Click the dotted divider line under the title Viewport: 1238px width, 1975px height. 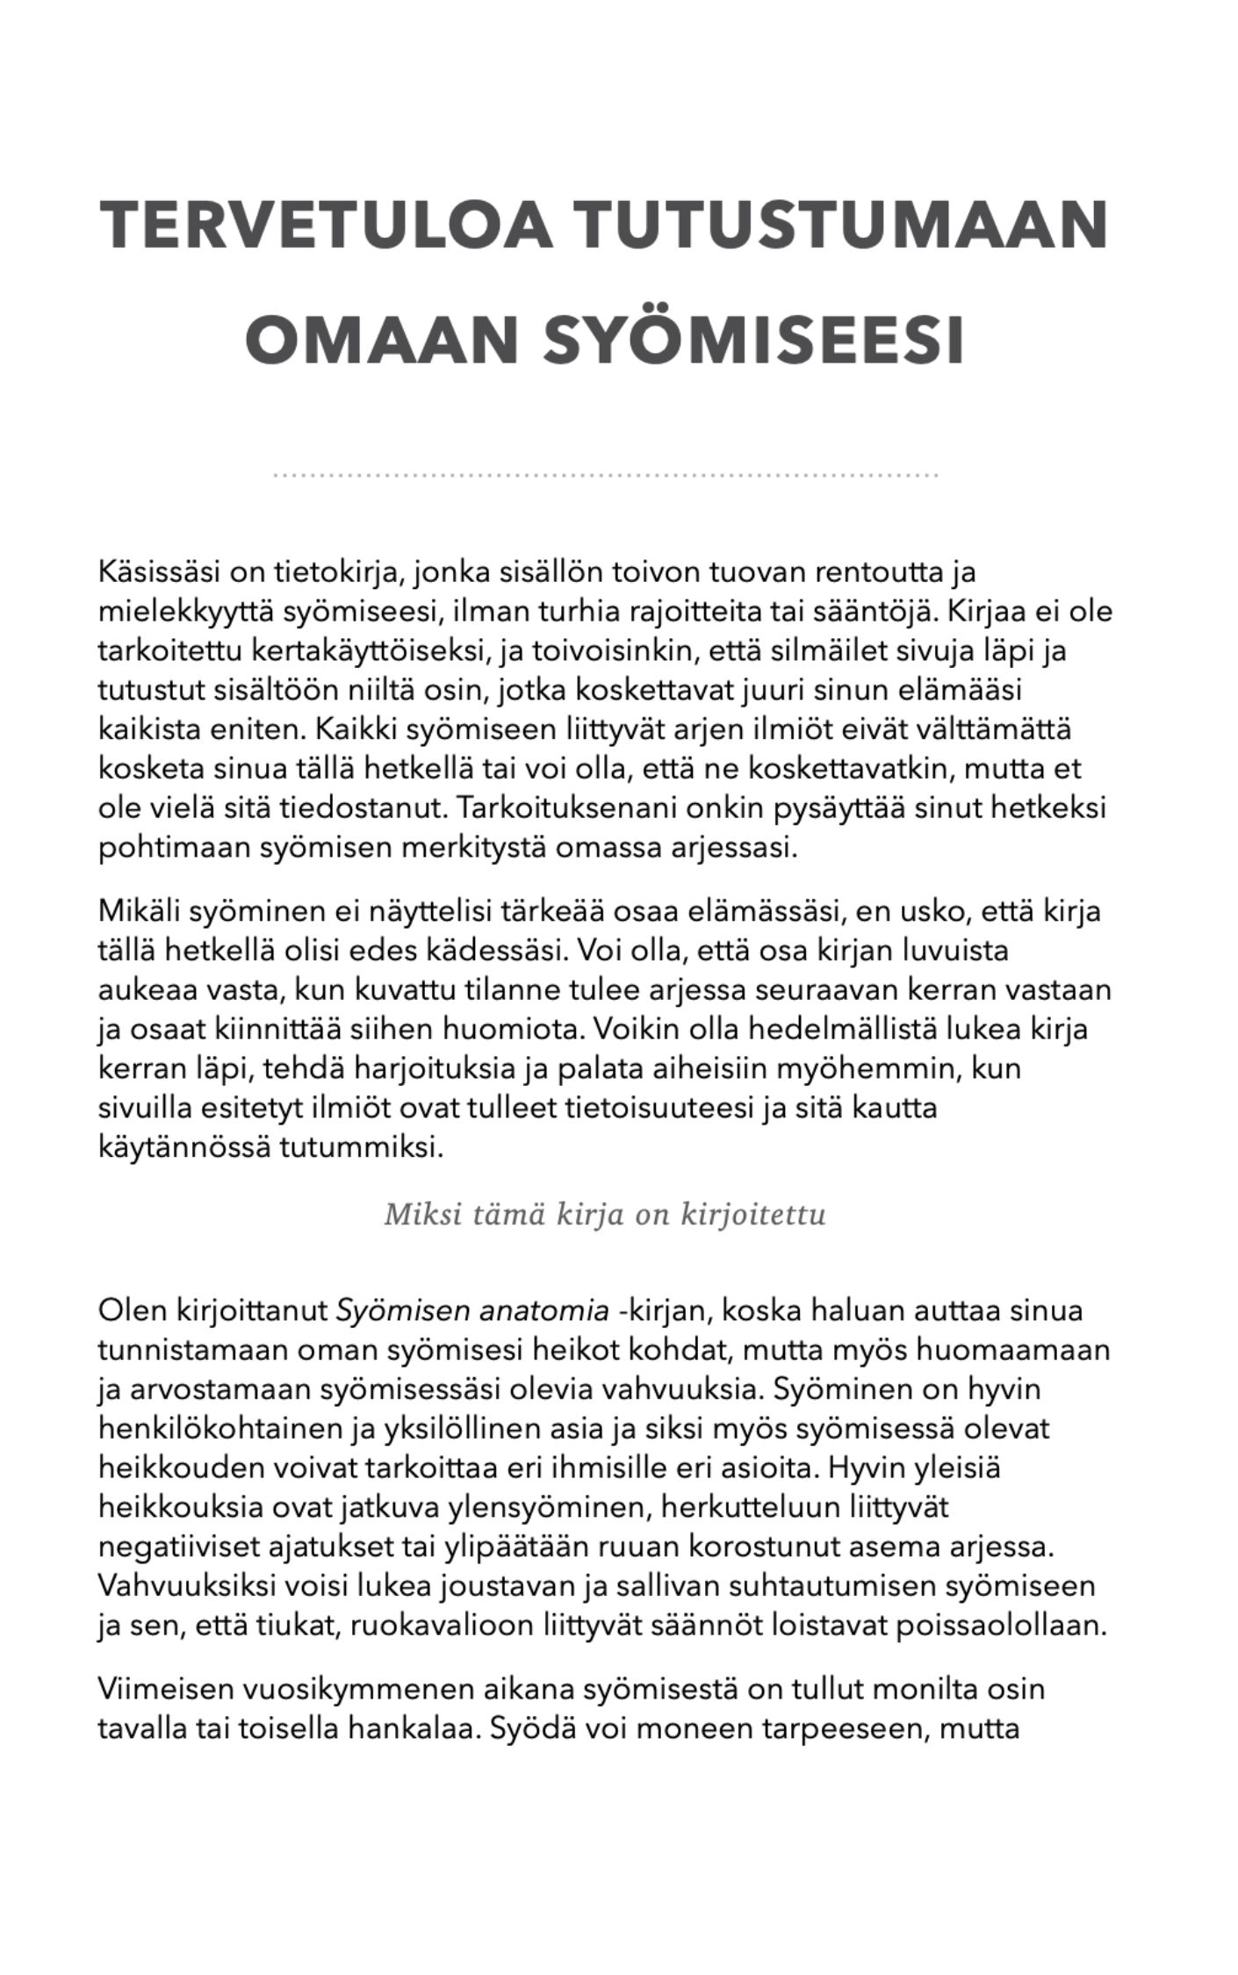(606, 475)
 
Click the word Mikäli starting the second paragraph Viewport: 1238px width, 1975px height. (138, 910)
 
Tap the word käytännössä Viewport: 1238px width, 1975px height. (183, 1147)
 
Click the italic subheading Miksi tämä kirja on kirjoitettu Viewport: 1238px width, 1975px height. (605, 1216)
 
